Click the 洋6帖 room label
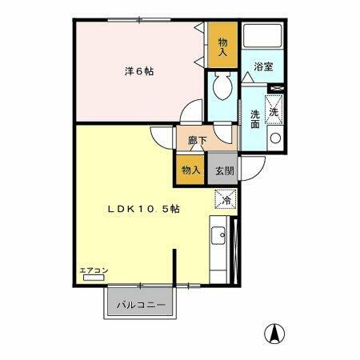[139, 71]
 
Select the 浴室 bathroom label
[264, 67]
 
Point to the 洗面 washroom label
[254, 119]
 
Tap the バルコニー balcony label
[141, 305]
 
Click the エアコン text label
[93, 271]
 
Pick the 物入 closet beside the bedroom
[222, 45]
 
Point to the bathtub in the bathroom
[263, 36]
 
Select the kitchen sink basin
[218, 236]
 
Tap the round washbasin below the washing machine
[275, 138]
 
